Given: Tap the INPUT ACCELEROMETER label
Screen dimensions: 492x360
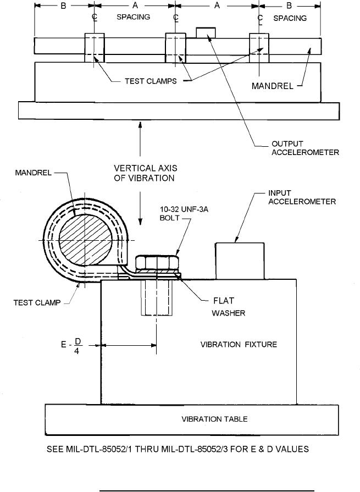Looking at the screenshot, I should (302, 197).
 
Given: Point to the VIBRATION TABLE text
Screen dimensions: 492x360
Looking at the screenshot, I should (214, 419).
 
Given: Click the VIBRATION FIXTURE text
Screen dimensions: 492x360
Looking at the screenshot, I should (238, 345).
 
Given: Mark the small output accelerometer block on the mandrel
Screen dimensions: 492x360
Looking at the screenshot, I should (207, 33).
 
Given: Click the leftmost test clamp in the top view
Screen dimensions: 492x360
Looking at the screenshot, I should (95, 47).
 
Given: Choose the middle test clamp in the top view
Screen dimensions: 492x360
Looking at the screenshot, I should (176, 47).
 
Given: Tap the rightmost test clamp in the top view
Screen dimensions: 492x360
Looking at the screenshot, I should (259, 47).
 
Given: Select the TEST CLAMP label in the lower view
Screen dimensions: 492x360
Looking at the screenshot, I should (38, 301).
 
